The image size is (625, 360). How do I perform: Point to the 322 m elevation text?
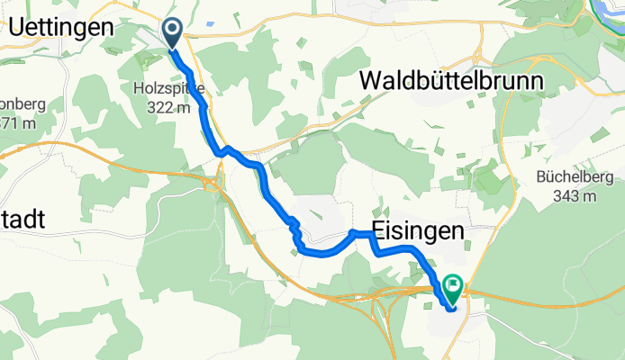[168, 108]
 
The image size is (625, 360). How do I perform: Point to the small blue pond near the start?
[210, 24]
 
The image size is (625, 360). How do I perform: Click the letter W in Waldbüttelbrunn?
[371, 81]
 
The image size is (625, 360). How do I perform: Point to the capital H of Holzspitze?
[137, 89]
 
